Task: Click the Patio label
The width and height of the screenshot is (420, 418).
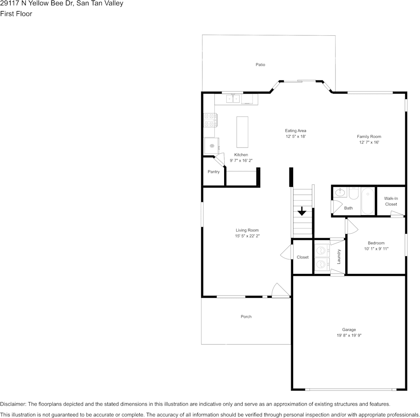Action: [x=260, y=65]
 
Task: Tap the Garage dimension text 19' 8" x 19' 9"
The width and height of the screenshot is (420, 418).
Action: [x=349, y=335]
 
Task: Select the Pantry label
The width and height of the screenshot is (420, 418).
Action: [x=214, y=171]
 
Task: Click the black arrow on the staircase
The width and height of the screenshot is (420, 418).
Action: [x=302, y=211]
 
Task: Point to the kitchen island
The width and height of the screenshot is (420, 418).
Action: [x=242, y=132]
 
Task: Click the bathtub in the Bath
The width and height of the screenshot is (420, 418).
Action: [x=367, y=201]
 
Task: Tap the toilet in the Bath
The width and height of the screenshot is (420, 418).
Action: [x=354, y=193]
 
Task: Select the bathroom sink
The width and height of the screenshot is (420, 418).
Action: [x=340, y=192]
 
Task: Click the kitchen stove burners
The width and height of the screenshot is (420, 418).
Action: [x=209, y=120]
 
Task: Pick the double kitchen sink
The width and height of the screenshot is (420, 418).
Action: [x=233, y=99]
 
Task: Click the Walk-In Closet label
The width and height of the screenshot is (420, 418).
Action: [x=391, y=201]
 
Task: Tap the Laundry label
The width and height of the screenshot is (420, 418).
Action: [x=339, y=257]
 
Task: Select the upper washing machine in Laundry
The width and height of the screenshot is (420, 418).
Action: [x=322, y=251]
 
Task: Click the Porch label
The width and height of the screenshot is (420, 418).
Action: [x=246, y=316]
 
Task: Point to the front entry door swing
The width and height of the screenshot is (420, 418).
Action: [x=280, y=290]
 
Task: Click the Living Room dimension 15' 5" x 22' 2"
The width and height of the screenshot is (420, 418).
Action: [x=247, y=236]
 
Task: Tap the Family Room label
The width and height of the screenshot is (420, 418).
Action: [x=369, y=137]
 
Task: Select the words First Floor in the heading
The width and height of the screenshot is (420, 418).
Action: [x=16, y=14]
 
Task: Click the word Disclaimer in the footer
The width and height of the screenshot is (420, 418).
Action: [x=13, y=404]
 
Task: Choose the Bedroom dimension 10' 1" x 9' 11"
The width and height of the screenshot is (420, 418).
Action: [x=376, y=248]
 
